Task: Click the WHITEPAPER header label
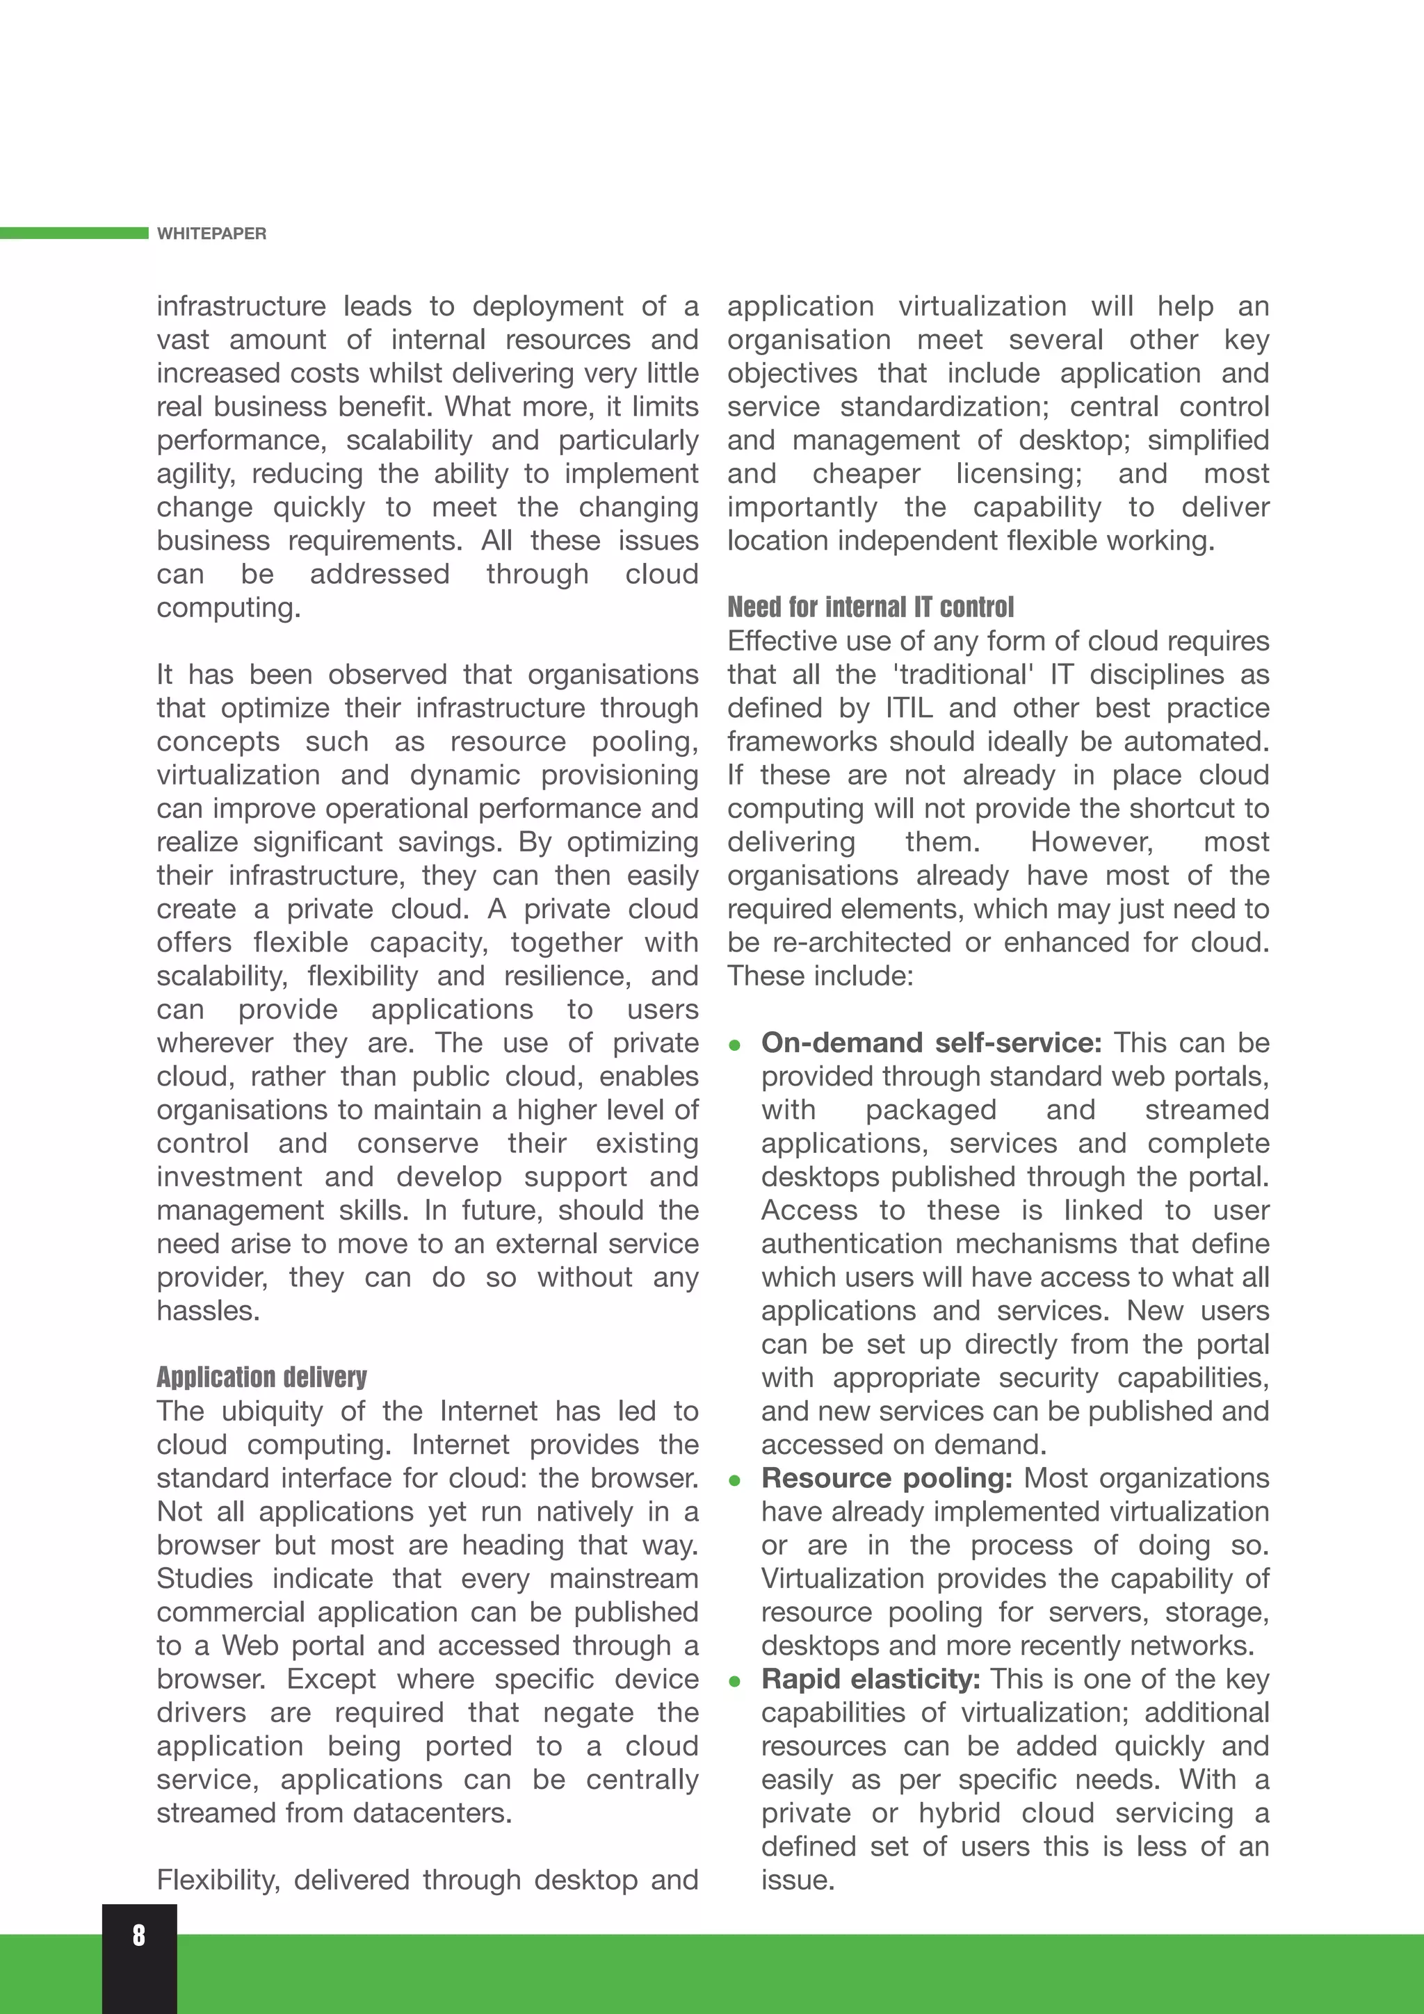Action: click(x=211, y=234)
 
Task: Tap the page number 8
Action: click(x=138, y=1935)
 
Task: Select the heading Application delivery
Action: click(x=261, y=1377)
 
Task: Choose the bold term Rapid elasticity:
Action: click(x=871, y=1679)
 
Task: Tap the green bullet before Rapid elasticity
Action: click(x=735, y=1682)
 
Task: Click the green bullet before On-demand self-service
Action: click(x=735, y=1045)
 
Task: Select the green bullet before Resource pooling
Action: click(x=735, y=1481)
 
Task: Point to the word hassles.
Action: click(x=208, y=1311)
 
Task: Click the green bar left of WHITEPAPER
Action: click(x=74, y=232)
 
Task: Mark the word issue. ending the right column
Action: click(x=798, y=1880)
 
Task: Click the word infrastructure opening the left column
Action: click(x=241, y=306)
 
